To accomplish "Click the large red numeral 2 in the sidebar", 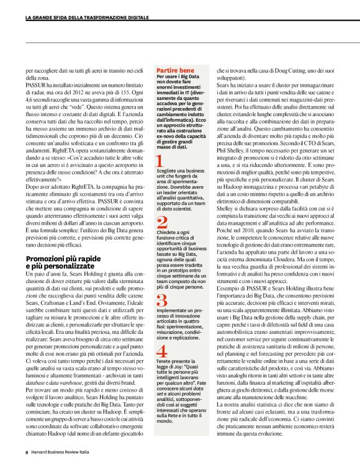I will coord(161,223).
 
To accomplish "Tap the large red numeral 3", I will coord(161,301).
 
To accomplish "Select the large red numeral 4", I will coord(161,351).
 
